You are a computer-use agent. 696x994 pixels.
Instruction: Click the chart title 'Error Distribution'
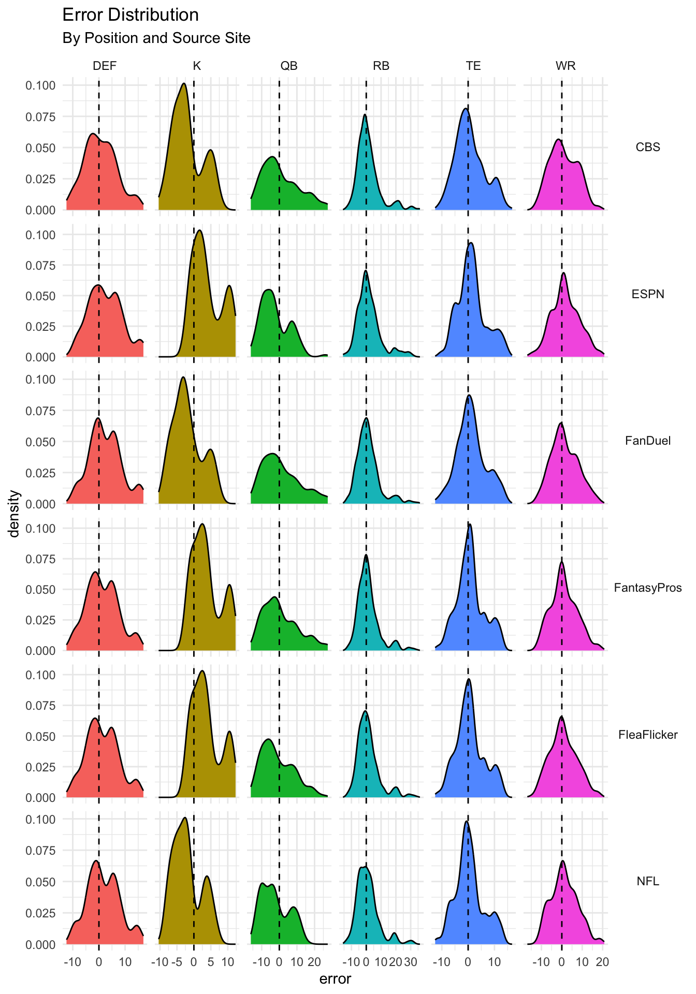[x=130, y=15]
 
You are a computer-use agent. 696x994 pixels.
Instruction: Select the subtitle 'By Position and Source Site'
[x=156, y=38]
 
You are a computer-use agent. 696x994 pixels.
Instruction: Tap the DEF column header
[x=105, y=66]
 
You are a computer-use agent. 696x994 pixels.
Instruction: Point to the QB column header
[x=289, y=66]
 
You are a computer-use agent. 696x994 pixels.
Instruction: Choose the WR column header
[x=565, y=66]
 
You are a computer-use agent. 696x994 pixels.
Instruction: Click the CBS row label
[x=648, y=147]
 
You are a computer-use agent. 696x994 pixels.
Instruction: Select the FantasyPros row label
[x=648, y=588]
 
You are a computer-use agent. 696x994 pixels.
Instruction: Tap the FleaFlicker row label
[x=648, y=735]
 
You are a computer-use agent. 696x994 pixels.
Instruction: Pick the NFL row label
[x=648, y=881]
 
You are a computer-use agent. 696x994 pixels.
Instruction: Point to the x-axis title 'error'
[x=335, y=979]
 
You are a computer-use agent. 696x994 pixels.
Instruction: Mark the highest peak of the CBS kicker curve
[x=184, y=83]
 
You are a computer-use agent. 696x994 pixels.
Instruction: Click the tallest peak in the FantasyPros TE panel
[x=470, y=524]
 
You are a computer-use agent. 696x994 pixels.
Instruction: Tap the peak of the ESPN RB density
[x=366, y=271]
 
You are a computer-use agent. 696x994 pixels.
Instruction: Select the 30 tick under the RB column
[x=410, y=962]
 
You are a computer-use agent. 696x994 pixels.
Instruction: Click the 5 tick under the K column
[x=210, y=962]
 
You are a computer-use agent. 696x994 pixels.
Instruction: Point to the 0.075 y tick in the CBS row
[x=40, y=117]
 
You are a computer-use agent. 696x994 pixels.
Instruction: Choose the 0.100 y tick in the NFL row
[x=40, y=820]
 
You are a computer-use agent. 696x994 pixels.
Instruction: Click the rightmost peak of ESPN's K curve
[x=228, y=285]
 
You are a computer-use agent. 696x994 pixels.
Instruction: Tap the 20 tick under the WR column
[x=602, y=962]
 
